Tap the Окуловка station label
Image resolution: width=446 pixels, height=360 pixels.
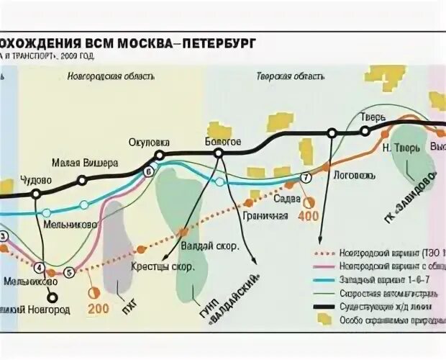point(150,142)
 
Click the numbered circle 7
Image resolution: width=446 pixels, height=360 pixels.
point(306,177)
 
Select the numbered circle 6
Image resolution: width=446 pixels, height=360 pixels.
point(148,171)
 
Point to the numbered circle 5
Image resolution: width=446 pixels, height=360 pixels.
point(69,272)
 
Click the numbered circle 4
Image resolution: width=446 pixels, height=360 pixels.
point(39,268)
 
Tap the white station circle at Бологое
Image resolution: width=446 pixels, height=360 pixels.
point(220,153)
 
